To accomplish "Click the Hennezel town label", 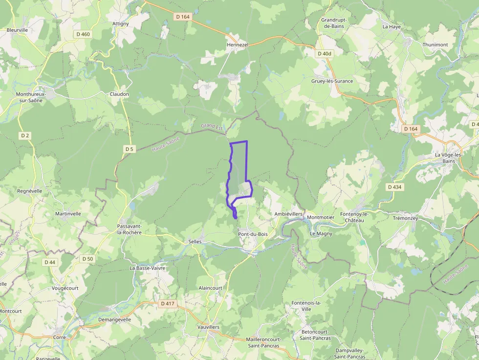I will (x=238, y=44).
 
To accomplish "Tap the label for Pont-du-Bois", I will (x=253, y=234).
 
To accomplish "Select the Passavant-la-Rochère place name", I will (x=130, y=229).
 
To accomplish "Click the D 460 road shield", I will (x=83, y=34).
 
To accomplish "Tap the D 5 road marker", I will (x=129, y=148).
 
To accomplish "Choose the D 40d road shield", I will (x=324, y=54).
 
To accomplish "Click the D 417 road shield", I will (x=167, y=303).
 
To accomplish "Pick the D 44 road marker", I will (x=50, y=262).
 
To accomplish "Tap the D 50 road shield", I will (x=87, y=258).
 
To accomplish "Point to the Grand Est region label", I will (x=212, y=126).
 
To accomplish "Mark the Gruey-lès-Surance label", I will (x=332, y=81).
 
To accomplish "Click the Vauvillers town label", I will (x=208, y=327).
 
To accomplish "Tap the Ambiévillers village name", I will (x=288, y=214).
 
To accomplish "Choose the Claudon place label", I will (x=119, y=94).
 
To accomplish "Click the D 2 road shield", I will (x=25, y=135).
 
